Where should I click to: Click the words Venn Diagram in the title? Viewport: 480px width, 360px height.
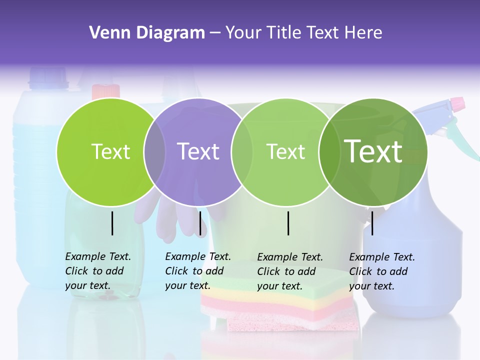[147, 33]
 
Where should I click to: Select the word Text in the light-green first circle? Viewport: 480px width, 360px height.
[110, 151]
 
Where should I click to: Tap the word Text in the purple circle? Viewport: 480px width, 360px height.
[198, 151]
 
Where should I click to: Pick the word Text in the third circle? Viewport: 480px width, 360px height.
[285, 151]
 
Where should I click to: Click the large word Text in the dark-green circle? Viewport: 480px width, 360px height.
[373, 151]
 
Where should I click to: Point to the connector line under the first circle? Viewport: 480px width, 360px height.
[112, 223]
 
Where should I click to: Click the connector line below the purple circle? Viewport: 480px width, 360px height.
[200, 223]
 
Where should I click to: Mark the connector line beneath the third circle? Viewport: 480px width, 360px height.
[288, 223]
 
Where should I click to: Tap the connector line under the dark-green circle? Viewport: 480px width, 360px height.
[372, 223]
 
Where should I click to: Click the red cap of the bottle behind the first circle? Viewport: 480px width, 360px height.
[106, 91]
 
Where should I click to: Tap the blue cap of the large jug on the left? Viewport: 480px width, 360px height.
[48, 77]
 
